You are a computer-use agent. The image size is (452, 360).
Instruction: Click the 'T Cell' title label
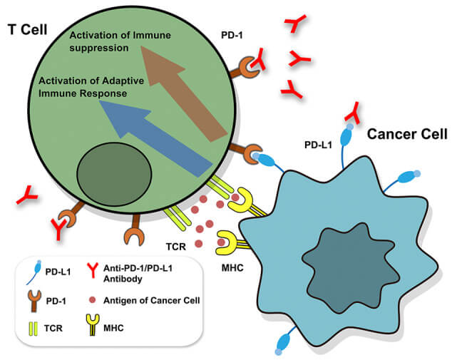pos(28,31)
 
